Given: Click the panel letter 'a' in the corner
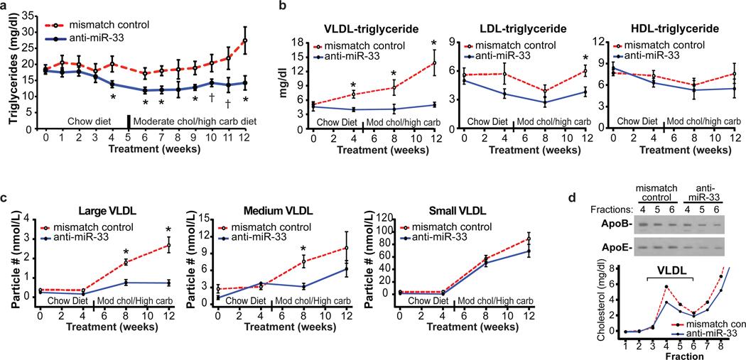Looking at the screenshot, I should click(x=4, y=6).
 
